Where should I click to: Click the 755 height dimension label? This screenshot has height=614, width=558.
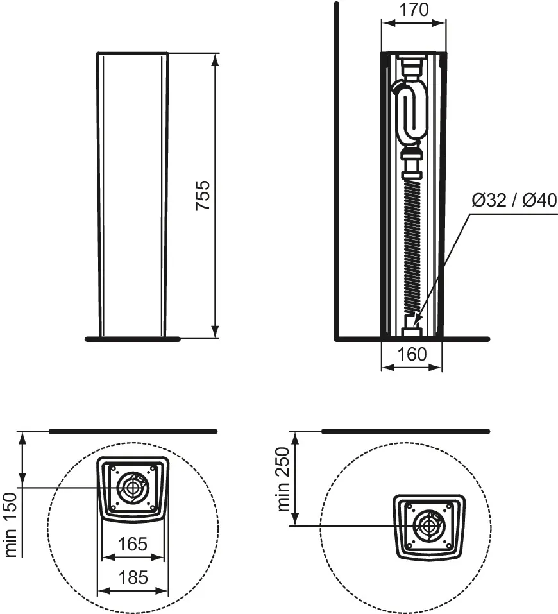pos(203,196)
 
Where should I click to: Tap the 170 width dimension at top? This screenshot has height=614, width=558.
pos(414,10)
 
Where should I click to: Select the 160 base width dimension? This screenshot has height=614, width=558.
pos(412,354)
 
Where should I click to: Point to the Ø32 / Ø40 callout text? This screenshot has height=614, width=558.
pos(514,200)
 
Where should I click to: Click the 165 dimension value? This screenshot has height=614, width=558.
pos(133,544)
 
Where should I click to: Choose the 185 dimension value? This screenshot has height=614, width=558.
pos(133,577)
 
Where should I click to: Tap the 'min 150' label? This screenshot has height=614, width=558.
pos(11,525)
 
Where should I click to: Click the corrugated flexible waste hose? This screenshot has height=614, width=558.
pos(412,248)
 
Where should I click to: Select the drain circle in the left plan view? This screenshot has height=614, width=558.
pos(133,488)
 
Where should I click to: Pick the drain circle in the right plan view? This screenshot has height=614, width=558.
pos(429,525)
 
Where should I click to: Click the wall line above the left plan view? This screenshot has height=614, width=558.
pos(133,432)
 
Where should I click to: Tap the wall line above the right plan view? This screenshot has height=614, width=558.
pos(406,432)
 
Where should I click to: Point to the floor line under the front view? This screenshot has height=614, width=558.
pos(133,339)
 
